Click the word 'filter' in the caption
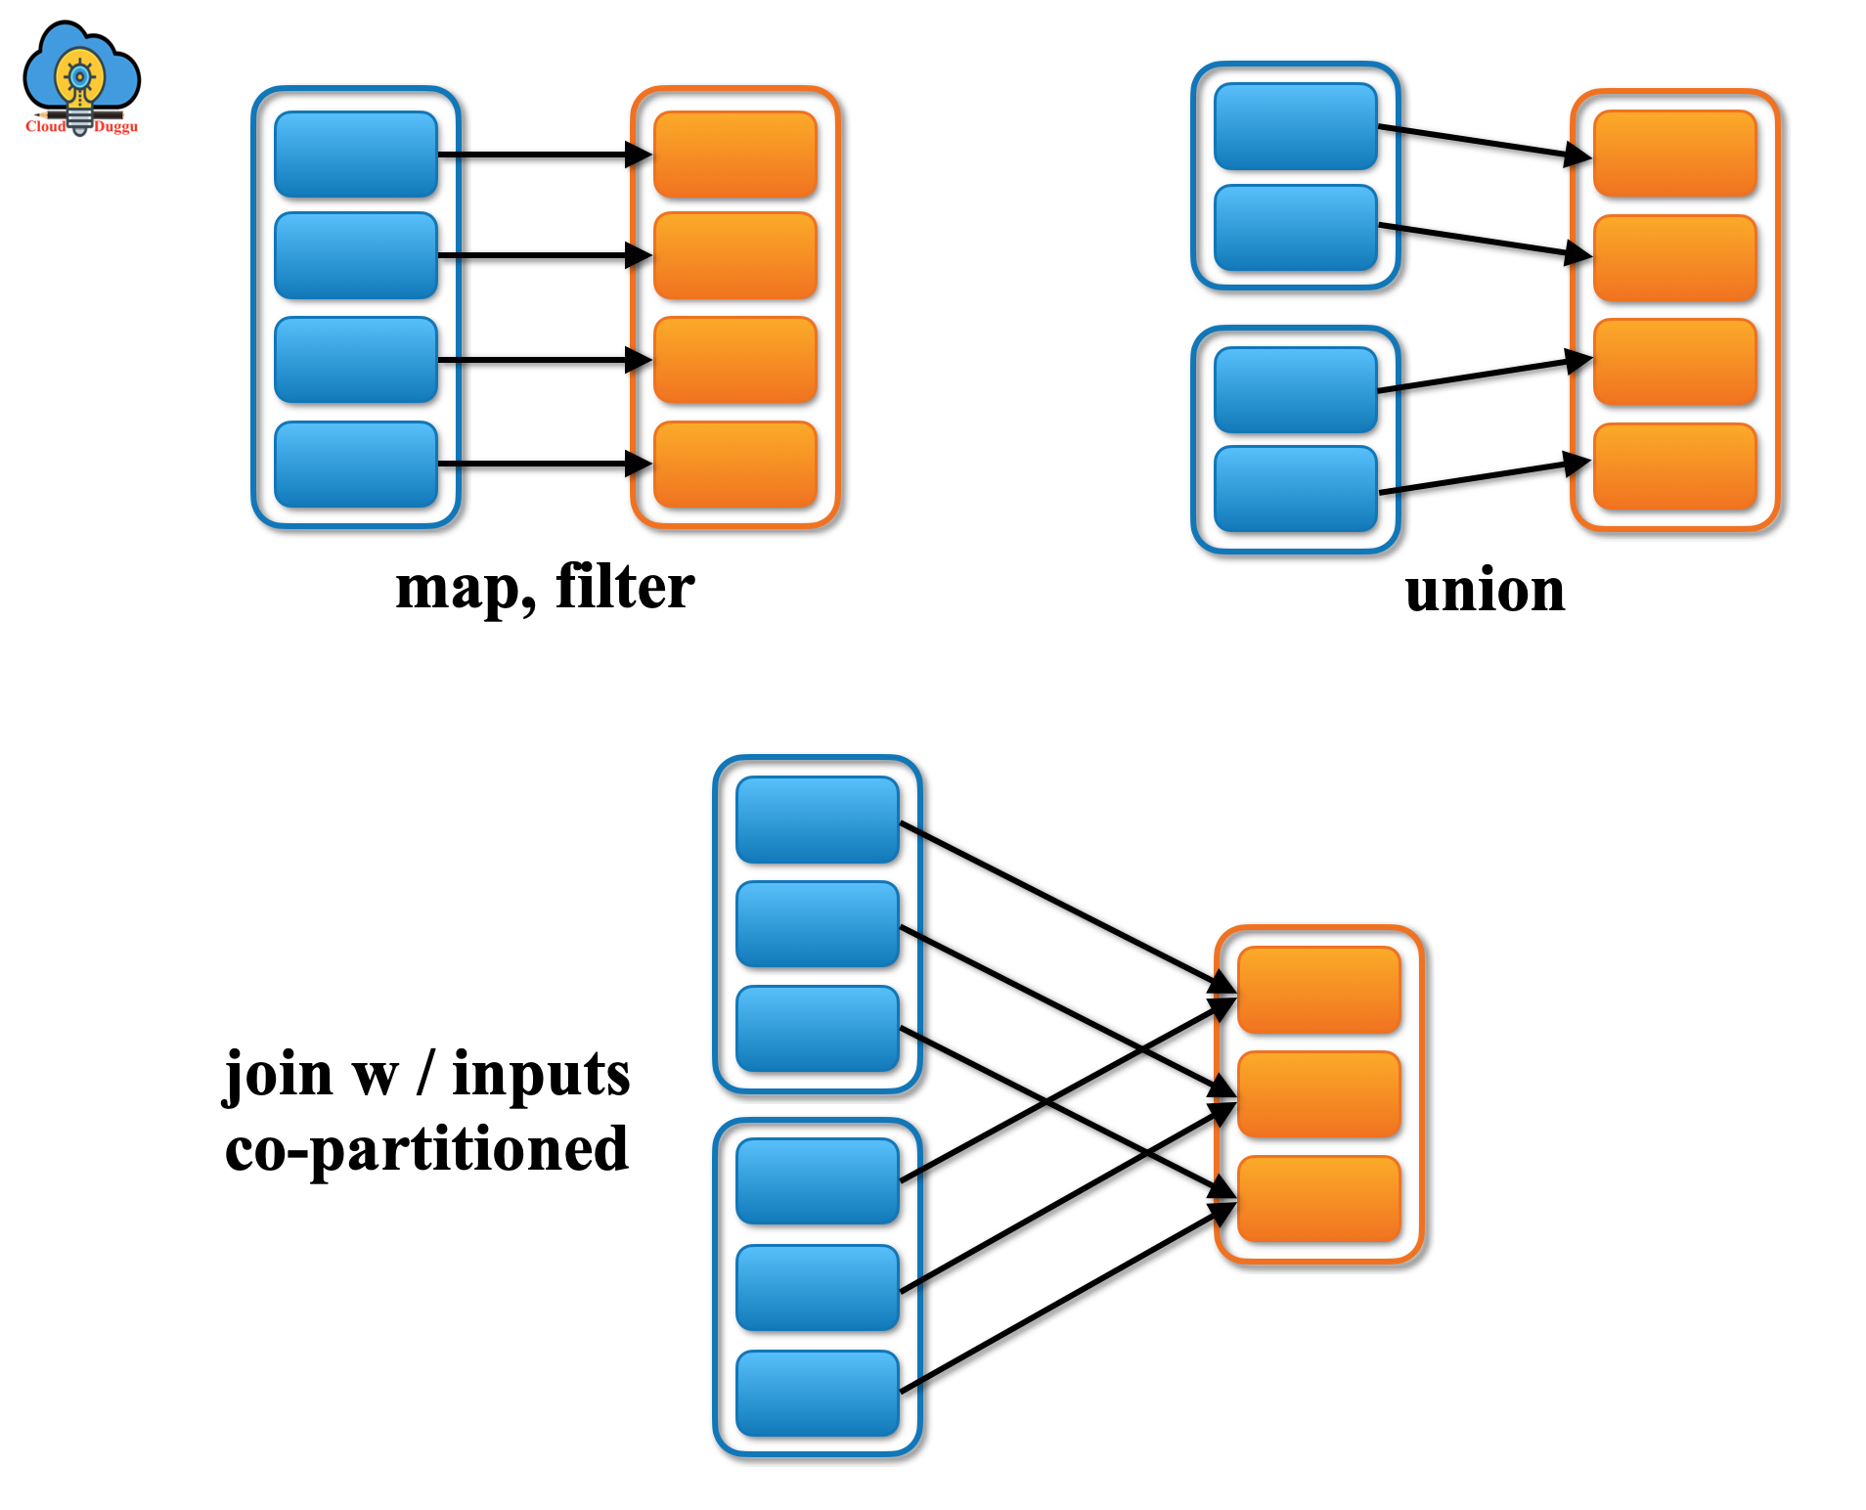pos(625,587)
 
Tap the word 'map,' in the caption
pos(466,589)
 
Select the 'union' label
pos(1485,591)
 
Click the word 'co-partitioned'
pos(426,1150)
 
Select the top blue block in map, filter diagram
pos(356,155)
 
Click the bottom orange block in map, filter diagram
pos(734,465)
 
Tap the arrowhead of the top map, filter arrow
pos(640,155)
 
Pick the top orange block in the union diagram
pos(1674,154)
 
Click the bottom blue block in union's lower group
pos(1295,489)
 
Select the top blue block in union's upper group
pos(1295,126)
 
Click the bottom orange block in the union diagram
pos(1674,466)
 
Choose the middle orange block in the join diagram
pos(1318,1094)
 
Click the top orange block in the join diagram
pos(1318,990)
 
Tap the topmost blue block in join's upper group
pos(817,820)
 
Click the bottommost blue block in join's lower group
pos(817,1394)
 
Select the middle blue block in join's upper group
pos(817,924)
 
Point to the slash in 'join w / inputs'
pos(425,1073)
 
